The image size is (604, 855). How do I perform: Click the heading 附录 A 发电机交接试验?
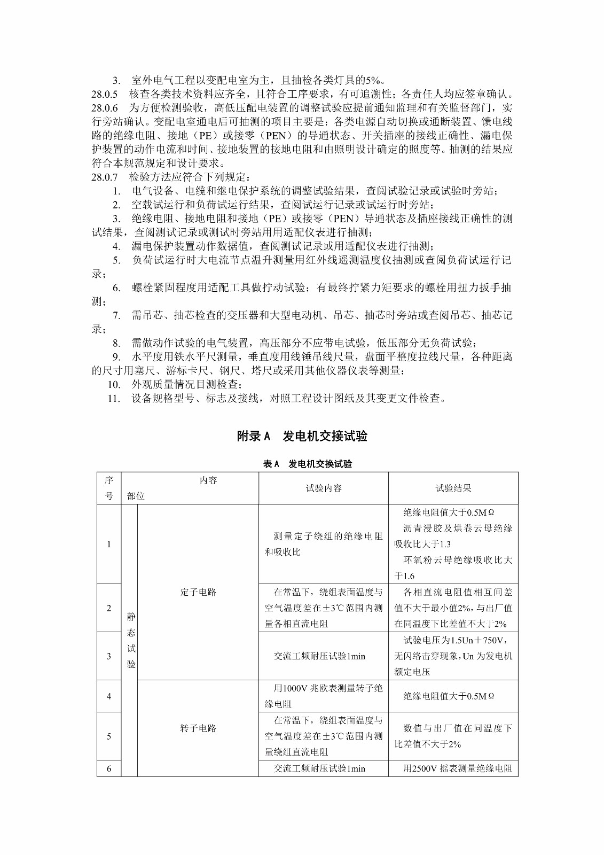coord(302,436)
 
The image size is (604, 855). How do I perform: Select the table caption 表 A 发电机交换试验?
coord(307,464)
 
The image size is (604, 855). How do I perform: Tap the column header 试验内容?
coord(324,488)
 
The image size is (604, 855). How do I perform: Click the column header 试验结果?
coord(453,488)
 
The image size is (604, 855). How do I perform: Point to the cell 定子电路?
coord(198,592)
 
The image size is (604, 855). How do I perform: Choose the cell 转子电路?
coord(198,728)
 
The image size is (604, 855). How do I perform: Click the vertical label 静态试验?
coord(131,640)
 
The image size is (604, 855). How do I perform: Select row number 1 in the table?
coord(109,544)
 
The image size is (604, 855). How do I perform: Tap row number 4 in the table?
coord(109,696)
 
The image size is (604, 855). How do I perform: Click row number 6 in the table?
coord(109,768)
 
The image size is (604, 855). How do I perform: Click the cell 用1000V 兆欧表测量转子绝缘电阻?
coord(324,696)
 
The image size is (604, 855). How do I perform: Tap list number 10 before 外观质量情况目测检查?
coord(114,384)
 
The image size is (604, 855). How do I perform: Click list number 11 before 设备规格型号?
coord(114,398)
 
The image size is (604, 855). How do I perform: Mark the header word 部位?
coord(136,496)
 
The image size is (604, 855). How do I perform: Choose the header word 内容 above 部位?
coord(208,480)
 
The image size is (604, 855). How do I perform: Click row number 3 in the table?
coord(109,656)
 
